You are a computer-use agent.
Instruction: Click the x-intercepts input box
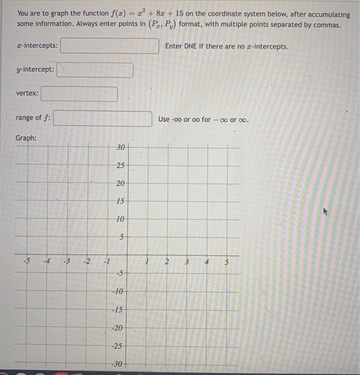[x=109, y=46]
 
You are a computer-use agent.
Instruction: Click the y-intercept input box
[x=95, y=70]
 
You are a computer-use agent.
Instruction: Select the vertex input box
[x=79, y=94]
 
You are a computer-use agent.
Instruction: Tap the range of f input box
[x=102, y=118]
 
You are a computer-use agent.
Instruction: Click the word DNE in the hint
[x=191, y=47]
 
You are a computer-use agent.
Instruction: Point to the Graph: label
[x=26, y=138]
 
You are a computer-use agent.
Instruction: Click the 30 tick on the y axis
[x=121, y=147]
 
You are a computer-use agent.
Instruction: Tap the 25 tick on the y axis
[x=121, y=165]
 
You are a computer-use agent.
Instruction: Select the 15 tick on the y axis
[x=121, y=201]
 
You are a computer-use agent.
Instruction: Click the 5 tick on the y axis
[x=122, y=237]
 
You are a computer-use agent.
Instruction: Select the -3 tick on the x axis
[x=66, y=262]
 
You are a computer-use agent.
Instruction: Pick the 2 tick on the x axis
[x=167, y=262]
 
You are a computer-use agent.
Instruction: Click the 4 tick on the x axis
[x=206, y=262]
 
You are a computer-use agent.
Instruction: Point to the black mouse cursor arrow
[x=325, y=212]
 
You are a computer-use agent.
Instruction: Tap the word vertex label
[x=27, y=94]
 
